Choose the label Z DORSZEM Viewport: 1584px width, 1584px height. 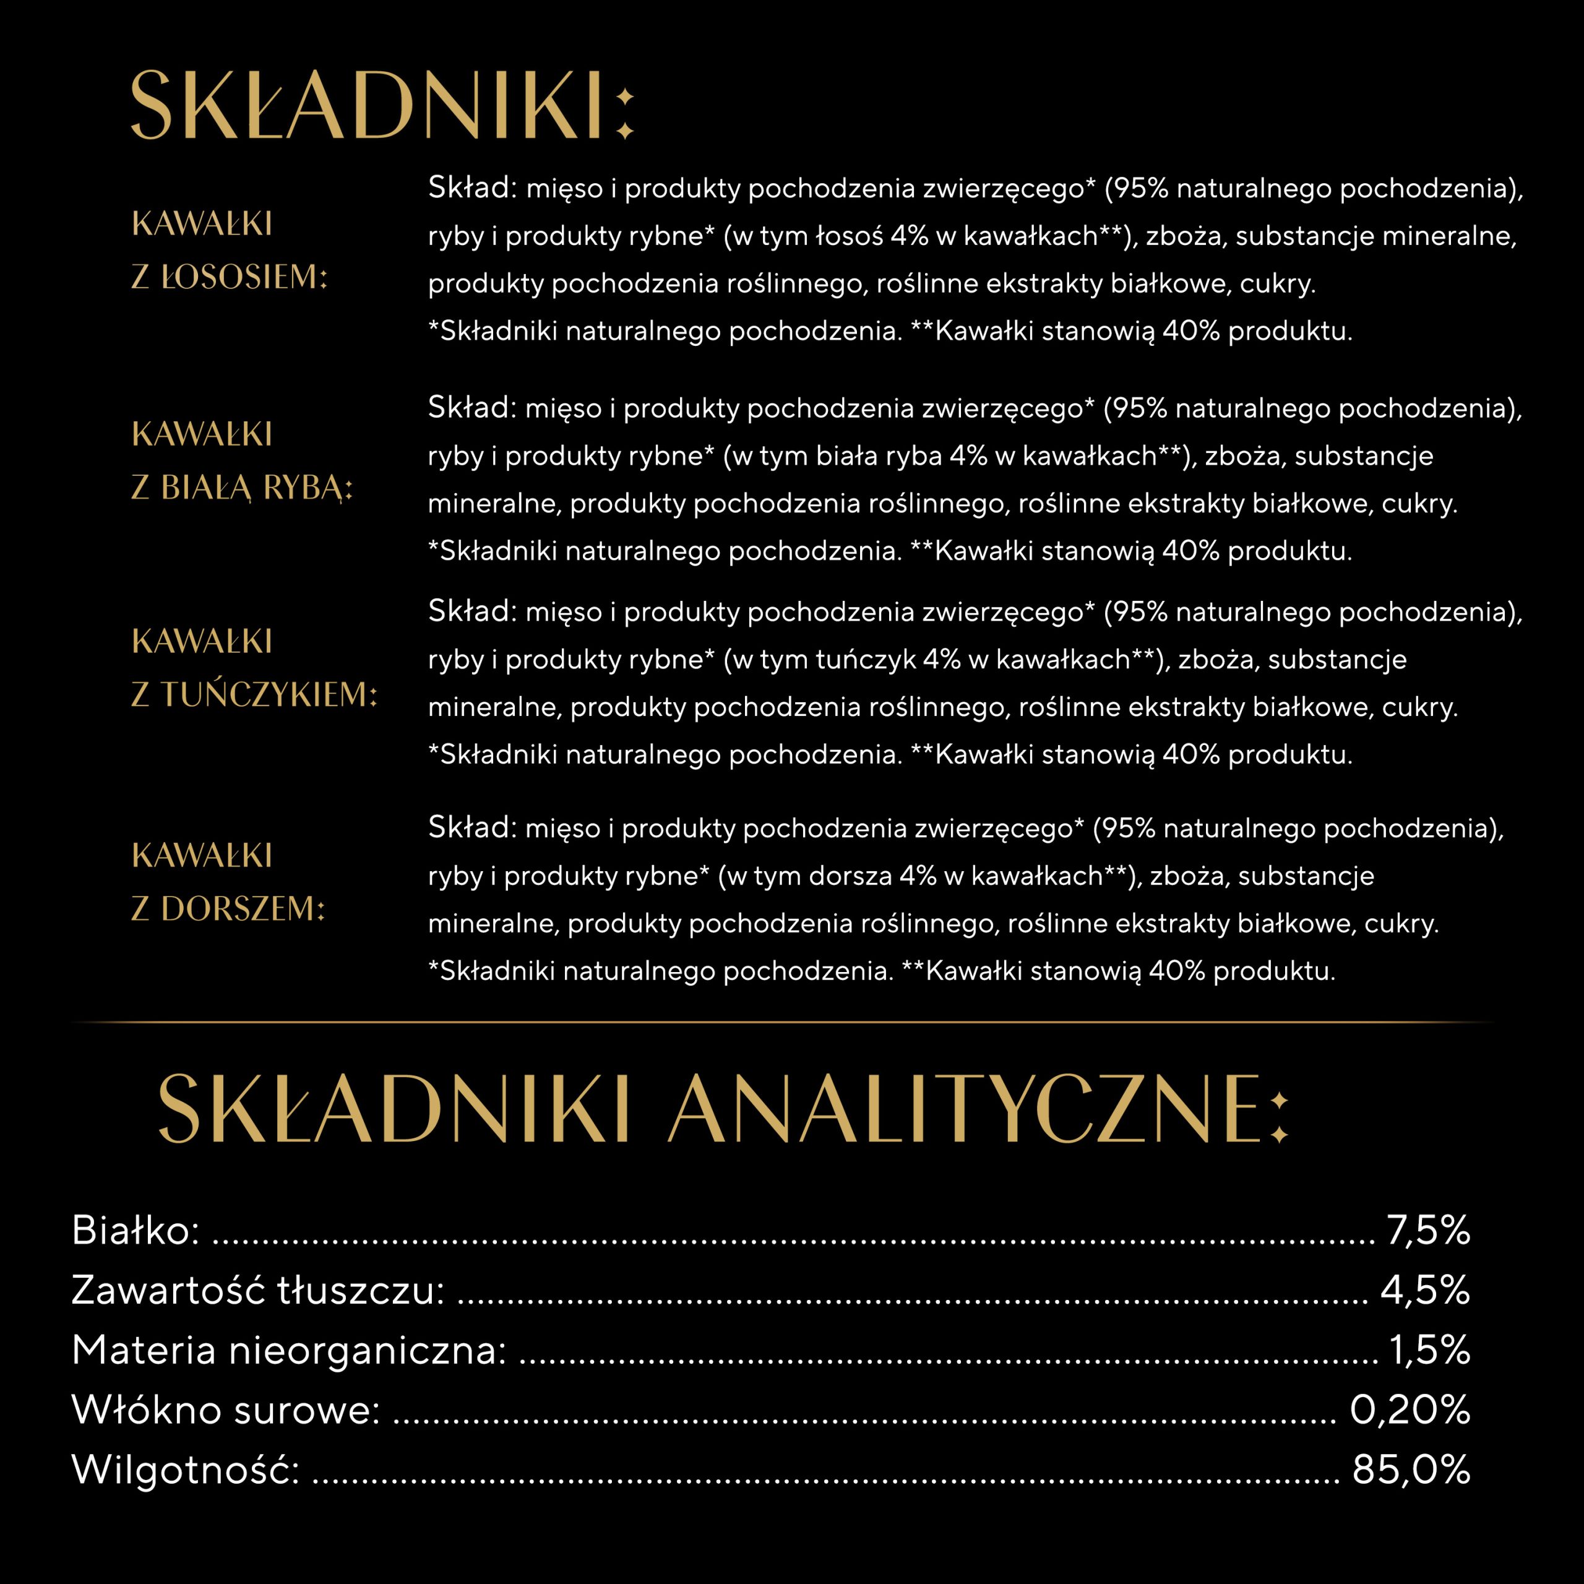228,908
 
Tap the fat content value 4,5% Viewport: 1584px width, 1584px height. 1425,1291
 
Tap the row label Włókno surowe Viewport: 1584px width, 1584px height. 225,1410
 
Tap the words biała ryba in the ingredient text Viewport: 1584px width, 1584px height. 878,457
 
